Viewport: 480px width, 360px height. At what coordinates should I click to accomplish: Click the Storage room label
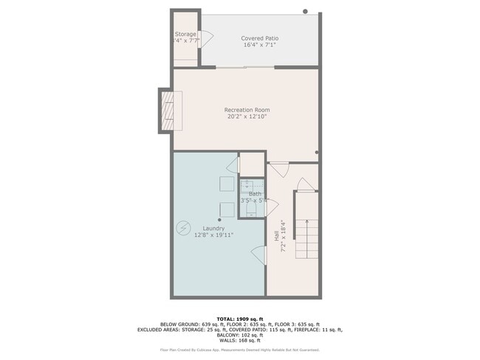pos(185,34)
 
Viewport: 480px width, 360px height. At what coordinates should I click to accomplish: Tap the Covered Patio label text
pos(260,38)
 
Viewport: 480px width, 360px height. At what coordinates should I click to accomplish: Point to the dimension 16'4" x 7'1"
pos(260,45)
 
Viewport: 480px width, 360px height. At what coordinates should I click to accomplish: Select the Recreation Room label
pos(247,110)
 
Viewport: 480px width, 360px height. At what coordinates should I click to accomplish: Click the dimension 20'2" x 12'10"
pos(247,117)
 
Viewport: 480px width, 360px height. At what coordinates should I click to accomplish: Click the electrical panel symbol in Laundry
pos(183,229)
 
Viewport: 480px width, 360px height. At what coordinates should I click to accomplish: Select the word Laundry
pos(213,229)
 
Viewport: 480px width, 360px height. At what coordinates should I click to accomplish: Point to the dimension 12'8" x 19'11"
pos(213,236)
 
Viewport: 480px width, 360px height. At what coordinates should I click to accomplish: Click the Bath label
pos(255,193)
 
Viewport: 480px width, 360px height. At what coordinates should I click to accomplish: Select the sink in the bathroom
pos(251,184)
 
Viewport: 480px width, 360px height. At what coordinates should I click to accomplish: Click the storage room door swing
pos(208,36)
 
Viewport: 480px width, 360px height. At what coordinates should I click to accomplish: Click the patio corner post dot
pos(305,12)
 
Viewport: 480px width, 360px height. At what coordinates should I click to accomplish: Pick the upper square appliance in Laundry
pos(227,183)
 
